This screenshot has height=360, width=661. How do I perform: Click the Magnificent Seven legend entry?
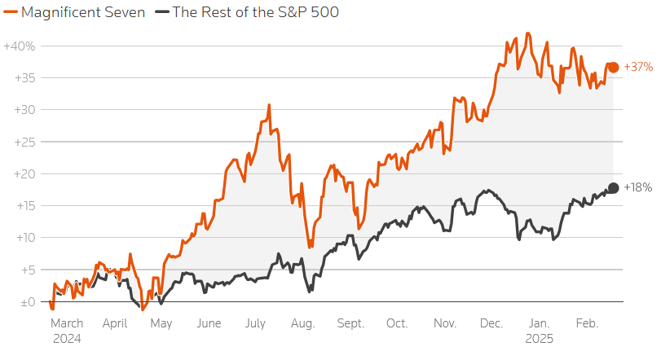74,12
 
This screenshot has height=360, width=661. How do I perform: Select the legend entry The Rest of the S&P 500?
247,12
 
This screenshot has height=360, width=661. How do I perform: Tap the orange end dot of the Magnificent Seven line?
614,67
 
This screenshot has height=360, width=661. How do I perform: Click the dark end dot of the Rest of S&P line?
614,188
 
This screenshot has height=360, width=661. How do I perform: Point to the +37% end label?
638,67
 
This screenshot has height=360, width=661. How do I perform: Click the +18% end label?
638,187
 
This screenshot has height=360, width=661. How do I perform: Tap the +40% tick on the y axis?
20,46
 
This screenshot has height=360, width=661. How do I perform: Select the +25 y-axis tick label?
25,142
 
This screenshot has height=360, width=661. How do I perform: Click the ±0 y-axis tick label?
28,302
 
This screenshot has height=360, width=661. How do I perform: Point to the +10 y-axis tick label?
25,238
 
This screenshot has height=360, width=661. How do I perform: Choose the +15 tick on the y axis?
26,206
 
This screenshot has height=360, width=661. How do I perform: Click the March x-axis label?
67,323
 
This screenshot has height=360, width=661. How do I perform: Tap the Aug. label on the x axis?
302,324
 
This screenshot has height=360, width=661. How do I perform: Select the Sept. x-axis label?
350,324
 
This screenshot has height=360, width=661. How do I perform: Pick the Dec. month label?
491,323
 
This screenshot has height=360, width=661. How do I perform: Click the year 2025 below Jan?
540,339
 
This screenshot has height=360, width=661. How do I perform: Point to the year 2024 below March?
67,339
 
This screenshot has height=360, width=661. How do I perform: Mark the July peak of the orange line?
269,105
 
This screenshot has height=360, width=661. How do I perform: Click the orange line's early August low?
310,247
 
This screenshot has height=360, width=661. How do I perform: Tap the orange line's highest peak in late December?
528,33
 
